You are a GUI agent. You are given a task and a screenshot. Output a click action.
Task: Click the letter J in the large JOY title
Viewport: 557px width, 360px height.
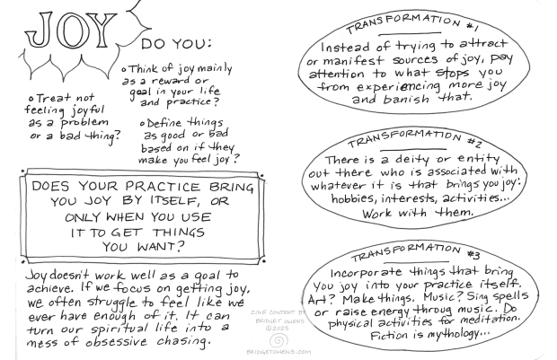[40, 30]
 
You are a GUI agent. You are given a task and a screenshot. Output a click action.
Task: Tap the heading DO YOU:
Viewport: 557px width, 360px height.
[176, 44]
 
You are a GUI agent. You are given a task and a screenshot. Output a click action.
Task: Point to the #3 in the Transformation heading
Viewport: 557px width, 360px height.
[473, 254]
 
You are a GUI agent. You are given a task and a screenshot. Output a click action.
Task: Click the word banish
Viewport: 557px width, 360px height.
[406, 99]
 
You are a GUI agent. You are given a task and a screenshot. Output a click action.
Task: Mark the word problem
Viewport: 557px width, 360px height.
[84, 122]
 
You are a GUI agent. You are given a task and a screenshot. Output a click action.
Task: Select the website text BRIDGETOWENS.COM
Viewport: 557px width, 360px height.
[278, 352]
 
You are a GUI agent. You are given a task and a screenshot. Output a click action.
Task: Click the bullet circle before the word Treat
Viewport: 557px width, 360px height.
[31, 99]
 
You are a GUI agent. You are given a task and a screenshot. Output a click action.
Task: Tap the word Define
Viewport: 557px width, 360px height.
[164, 124]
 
